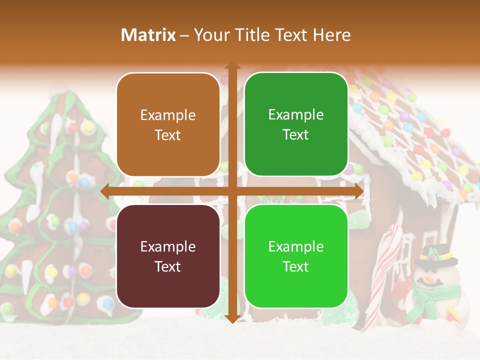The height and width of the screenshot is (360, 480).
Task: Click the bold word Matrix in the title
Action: [x=148, y=35]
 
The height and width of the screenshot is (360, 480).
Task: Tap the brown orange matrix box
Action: [x=168, y=124]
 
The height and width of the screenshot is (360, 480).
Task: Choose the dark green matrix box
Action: [x=296, y=124]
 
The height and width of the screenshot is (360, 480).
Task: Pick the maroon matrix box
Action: [x=168, y=256]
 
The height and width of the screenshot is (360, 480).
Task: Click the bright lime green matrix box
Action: [x=296, y=256]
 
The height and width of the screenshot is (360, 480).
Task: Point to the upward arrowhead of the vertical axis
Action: [x=232, y=65]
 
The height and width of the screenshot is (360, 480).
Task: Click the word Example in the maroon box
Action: [x=168, y=246]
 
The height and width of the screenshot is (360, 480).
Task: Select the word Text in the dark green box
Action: [x=296, y=135]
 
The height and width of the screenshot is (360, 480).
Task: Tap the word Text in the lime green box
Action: [x=296, y=266]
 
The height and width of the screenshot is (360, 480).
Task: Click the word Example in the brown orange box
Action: [x=168, y=115]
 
